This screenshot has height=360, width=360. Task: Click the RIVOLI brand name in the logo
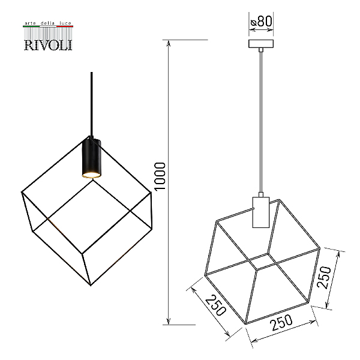tap(48, 45)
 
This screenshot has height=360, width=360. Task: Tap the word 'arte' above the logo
tap(30, 23)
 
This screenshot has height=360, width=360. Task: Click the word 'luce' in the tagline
tap(65, 23)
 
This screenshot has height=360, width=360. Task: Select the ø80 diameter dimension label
tap(261, 22)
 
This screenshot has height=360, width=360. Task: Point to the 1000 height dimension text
tap(160, 176)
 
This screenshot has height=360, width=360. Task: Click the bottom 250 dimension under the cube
tap(281, 322)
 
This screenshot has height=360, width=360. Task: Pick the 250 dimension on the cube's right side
tap(324, 277)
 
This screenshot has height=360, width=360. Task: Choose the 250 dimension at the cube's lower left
tap(215, 305)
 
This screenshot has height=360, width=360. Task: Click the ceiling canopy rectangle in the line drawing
tap(261, 44)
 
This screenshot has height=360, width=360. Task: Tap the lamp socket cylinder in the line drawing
tap(261, 212)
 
